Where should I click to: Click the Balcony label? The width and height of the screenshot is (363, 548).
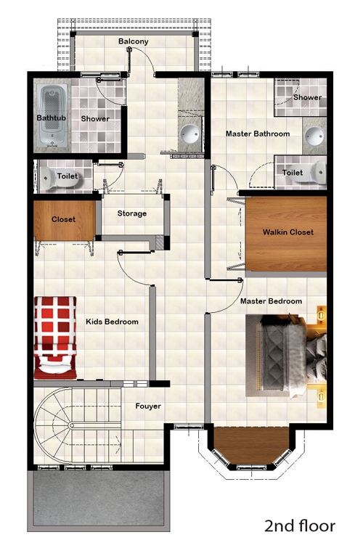click(134, 41)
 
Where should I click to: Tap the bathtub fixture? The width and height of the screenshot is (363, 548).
click(52, 115)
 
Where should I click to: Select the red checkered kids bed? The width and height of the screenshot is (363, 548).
click(55, 338)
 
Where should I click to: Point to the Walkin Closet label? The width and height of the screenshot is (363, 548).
click(287, 232)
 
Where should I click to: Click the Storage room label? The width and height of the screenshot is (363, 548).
click(132, 213)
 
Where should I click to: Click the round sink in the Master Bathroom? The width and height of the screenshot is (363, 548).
click(314, 135)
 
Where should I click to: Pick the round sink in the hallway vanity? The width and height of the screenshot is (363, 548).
click(190, 134)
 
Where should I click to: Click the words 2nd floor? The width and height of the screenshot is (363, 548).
click(300, 525)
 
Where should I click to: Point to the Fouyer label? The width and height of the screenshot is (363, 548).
click(148, 406)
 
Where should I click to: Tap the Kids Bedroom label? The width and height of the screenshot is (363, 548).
click(112, 322)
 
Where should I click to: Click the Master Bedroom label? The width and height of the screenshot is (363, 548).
click(271, 301)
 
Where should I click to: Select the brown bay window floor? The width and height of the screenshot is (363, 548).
click(251, 446)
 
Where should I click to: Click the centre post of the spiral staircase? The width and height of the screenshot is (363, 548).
click(71, 425)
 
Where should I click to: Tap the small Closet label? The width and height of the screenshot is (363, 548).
click(63, 219)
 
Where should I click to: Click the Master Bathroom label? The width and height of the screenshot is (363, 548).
click(258, 134)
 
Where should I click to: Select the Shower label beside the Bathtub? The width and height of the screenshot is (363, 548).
click(95, 119)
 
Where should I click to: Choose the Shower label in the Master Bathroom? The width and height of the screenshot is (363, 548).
click(307, 97)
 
